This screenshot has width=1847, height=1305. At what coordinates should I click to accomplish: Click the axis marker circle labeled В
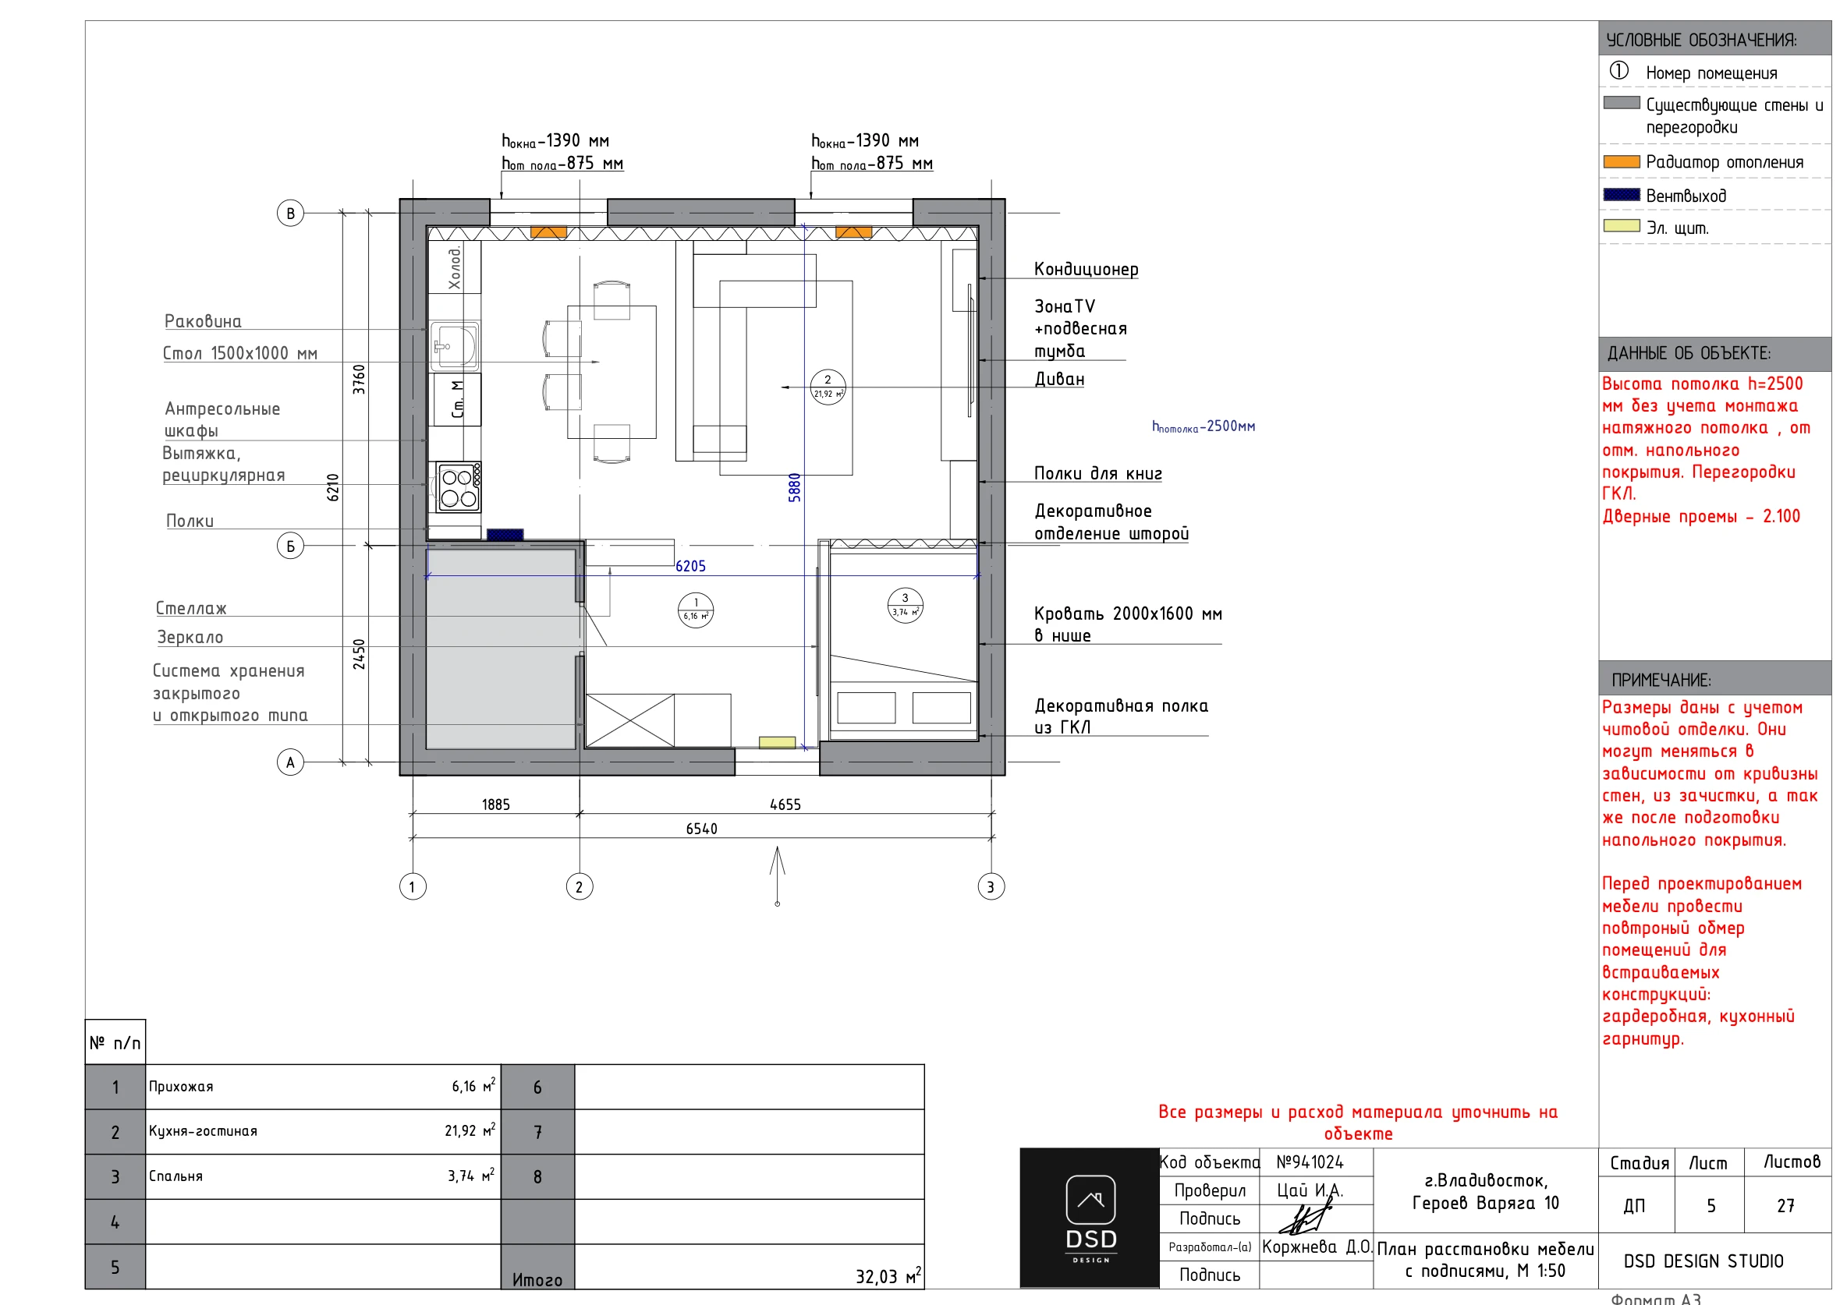click(x=290, y=213)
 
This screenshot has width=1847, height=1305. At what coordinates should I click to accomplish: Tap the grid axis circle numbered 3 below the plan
click(x=991, y=887)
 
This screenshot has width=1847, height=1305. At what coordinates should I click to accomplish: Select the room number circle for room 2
click(x=828, y=387)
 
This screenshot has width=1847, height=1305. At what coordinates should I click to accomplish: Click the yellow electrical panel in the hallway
click(x=777, y=742)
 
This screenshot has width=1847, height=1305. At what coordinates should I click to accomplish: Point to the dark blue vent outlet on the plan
click(x=505, y=535)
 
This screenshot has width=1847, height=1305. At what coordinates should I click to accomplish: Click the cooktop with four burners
click(x=459, y=487)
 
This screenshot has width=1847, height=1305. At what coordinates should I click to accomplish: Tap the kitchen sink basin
click(x=455, y=346)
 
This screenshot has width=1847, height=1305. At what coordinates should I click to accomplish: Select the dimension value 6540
click(x=701, y=828)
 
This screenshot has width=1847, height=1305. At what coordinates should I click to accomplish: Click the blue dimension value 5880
click(x=795, y=487)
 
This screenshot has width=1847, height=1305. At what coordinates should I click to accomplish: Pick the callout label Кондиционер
click(x=1086, y=270)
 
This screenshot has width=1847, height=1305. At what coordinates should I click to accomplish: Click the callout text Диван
click(x=1059, y=379)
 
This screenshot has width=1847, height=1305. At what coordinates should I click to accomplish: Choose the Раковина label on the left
click(x=203, y=322)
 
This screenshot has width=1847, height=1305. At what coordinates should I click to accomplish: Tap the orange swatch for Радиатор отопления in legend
click(x=1622, y=161)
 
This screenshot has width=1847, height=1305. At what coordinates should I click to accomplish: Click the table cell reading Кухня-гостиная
click(x=203, y=1131)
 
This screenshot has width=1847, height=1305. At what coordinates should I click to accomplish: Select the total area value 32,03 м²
click(x=888, y=1276)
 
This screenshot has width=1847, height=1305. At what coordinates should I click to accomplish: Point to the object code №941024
click(x=1310, y=1162)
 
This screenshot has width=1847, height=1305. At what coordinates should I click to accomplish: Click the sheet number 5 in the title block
click(x=1711, y=1206)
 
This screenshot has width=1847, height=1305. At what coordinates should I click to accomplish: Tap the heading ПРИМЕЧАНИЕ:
click(x=1661, y=681)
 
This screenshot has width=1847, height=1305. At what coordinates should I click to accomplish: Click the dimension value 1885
click(x=495, y=804)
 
